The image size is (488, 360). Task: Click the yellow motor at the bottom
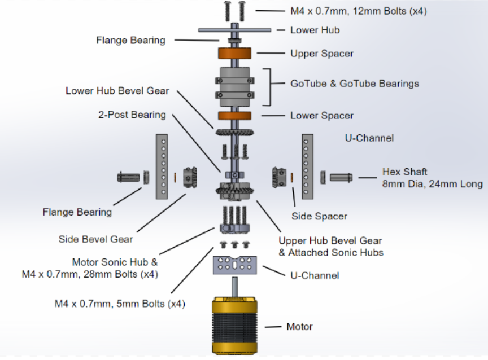click(234, 326)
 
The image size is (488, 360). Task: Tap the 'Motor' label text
click(299, 327)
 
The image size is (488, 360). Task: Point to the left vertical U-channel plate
click(162, 166)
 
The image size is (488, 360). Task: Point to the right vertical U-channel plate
click(307, 166)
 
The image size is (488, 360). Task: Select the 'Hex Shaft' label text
click(404, 172)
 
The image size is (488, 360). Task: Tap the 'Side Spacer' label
click(319, 216)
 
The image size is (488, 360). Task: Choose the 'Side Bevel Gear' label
click(96, 239)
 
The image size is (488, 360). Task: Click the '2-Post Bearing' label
click(131, 115)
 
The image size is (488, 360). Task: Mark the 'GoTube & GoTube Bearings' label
click(355, 84)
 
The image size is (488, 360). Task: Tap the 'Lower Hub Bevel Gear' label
click(117, 90)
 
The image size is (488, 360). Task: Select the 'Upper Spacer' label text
click(322, 54)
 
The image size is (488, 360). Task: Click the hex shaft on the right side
click(341, 177)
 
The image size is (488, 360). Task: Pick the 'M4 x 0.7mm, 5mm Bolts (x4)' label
click(120, 304)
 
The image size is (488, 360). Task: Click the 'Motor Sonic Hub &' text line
click(115, 262)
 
